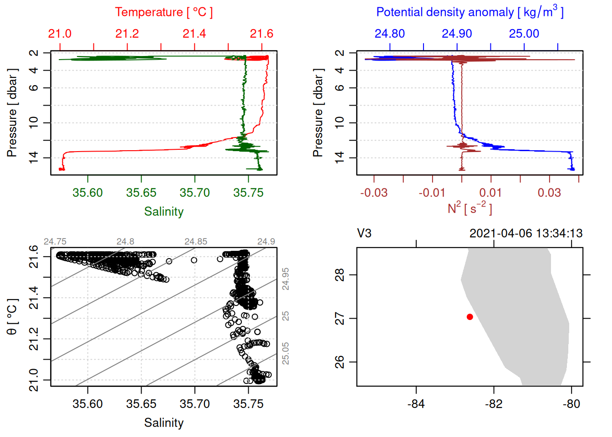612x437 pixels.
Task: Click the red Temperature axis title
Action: [163, 12]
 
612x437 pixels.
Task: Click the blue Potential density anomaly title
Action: [469, 12]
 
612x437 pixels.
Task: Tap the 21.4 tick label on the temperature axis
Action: [194, 34]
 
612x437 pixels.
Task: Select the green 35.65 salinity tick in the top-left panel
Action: [141, 193]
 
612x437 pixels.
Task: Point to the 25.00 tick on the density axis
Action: [524, 34]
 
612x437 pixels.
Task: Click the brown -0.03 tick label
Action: [374, 193]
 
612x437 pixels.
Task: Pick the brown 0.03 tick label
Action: [549, 193]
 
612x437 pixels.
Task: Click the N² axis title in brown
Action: [469, 208]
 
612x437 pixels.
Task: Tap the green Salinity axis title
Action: [163, 212]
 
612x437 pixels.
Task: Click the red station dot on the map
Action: [470, 317]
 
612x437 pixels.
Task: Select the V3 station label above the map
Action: [364, 234]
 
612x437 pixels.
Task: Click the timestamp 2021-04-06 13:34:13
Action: [526, 234]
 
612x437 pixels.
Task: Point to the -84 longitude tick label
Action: [416, 404]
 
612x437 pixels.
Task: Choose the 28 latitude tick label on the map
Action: [340, 275]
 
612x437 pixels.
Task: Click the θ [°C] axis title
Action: [12, 317]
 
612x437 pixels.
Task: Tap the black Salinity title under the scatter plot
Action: [163, 423]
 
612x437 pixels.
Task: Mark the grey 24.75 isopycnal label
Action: [55, 242]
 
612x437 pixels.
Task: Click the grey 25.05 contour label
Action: [286, 353]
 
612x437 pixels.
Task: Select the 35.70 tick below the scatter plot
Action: [195, 404]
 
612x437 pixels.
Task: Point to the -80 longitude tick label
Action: [571, 404]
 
